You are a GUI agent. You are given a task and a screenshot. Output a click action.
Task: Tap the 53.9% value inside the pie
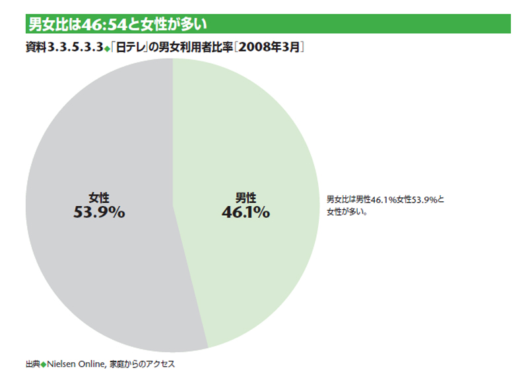pyautogui.click(x=99, y=212)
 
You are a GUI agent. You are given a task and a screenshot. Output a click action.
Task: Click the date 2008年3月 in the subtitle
pyautogui.click(x=271, y=48)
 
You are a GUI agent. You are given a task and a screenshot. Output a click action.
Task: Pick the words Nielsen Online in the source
pyautogui.click(x=75, y=363)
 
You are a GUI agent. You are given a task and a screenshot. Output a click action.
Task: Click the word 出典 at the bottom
pyautogui.click(x=32, y=363)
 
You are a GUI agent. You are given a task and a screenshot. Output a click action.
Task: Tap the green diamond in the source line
pyautogui.click(x=43, y=363)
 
